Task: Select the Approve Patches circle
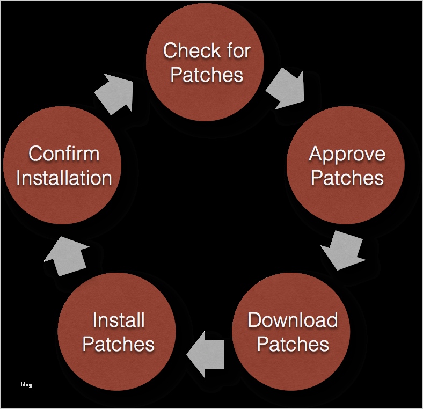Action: [x=347, y=165]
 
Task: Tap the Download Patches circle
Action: [x=293, y=331]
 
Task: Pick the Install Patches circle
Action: [x=119, y=332]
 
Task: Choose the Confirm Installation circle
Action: [x=64, y=165]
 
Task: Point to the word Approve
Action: [x=347, y=154]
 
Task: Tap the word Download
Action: [x=293, y=320]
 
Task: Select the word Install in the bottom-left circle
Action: [x=119, y=320]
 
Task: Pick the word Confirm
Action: [x=64, y=154]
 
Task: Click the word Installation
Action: [x=64, y=178]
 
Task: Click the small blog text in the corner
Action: [x=26, y=384]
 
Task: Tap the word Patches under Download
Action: [x=293, y=344]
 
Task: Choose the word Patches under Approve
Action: [x=347, y=178]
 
